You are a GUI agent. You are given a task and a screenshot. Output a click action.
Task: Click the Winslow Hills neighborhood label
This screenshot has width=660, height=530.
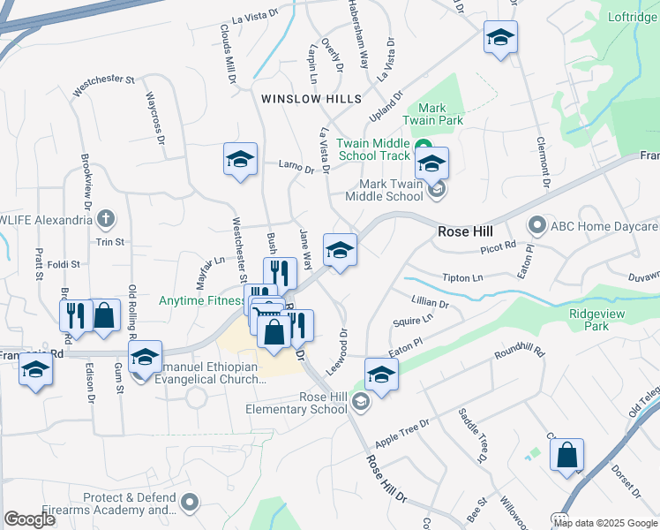pyautogui.click(x=311, y=99)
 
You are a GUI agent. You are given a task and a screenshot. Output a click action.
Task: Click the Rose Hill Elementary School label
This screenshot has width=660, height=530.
pyautogui.click(x=298, y=403)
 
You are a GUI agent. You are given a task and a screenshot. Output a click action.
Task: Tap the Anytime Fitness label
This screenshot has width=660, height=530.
pyautogui.click(x=200, y=300)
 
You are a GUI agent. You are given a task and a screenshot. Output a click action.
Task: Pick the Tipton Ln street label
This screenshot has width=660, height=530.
pyautogui.click(x=463, y=277)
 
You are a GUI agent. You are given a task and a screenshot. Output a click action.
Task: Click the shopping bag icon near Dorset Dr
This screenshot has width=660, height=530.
pyautogui.click(x=567, y=455)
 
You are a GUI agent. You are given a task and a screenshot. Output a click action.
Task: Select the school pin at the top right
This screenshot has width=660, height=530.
pyautogui.click(x=500, y=37)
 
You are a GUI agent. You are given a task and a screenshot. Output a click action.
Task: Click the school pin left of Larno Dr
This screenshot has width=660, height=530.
pyautogui.click(x=240, y=159)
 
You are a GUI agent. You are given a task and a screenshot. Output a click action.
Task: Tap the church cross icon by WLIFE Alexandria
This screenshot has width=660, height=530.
pyautogui.click(x=105, y=218)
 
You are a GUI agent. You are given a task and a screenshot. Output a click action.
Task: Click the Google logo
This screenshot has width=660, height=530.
pyautogui.click(x=29, y=519)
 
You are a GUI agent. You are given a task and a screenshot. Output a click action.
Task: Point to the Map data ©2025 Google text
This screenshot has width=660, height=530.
pyautogui.click(x=605, y=523)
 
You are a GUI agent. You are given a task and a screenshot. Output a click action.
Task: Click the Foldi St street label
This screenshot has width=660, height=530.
pyautogui.click(x=64, y=263)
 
